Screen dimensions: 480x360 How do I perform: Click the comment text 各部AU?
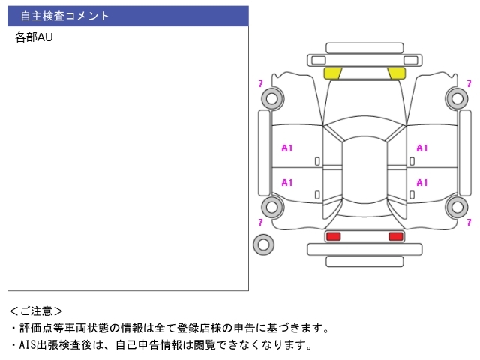pyautogui.click(x=34, y=37)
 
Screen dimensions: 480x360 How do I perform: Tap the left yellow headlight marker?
pyautogui.click(x=332, y=73)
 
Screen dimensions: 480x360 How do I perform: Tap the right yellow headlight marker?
pyautogui.click(x=397, y=73)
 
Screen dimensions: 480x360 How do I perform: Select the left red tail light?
pyautogui.click(x=333, y=236)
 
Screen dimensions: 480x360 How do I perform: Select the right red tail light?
pyautogui.click(x=396, y=236)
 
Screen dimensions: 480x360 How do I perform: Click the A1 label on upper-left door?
pyautogui.click(x=287, y=148)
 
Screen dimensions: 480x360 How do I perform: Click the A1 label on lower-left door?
pyautogui.click(x=287, y=183)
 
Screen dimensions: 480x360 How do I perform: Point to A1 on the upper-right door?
pyautogui.click(x=421, y=148)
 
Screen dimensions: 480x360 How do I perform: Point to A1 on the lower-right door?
pyautogui.click(x=421, y=183)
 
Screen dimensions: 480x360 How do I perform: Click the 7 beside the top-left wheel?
pyautogui.click(x=260, y=83)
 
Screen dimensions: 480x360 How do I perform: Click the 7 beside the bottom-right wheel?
pyautogui.click(x=469, y=222)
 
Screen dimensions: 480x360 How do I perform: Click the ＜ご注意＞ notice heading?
pyautogui.click(x=36, y=311)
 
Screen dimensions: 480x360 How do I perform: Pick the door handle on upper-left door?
pyautogui.click(x=317, y=161)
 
